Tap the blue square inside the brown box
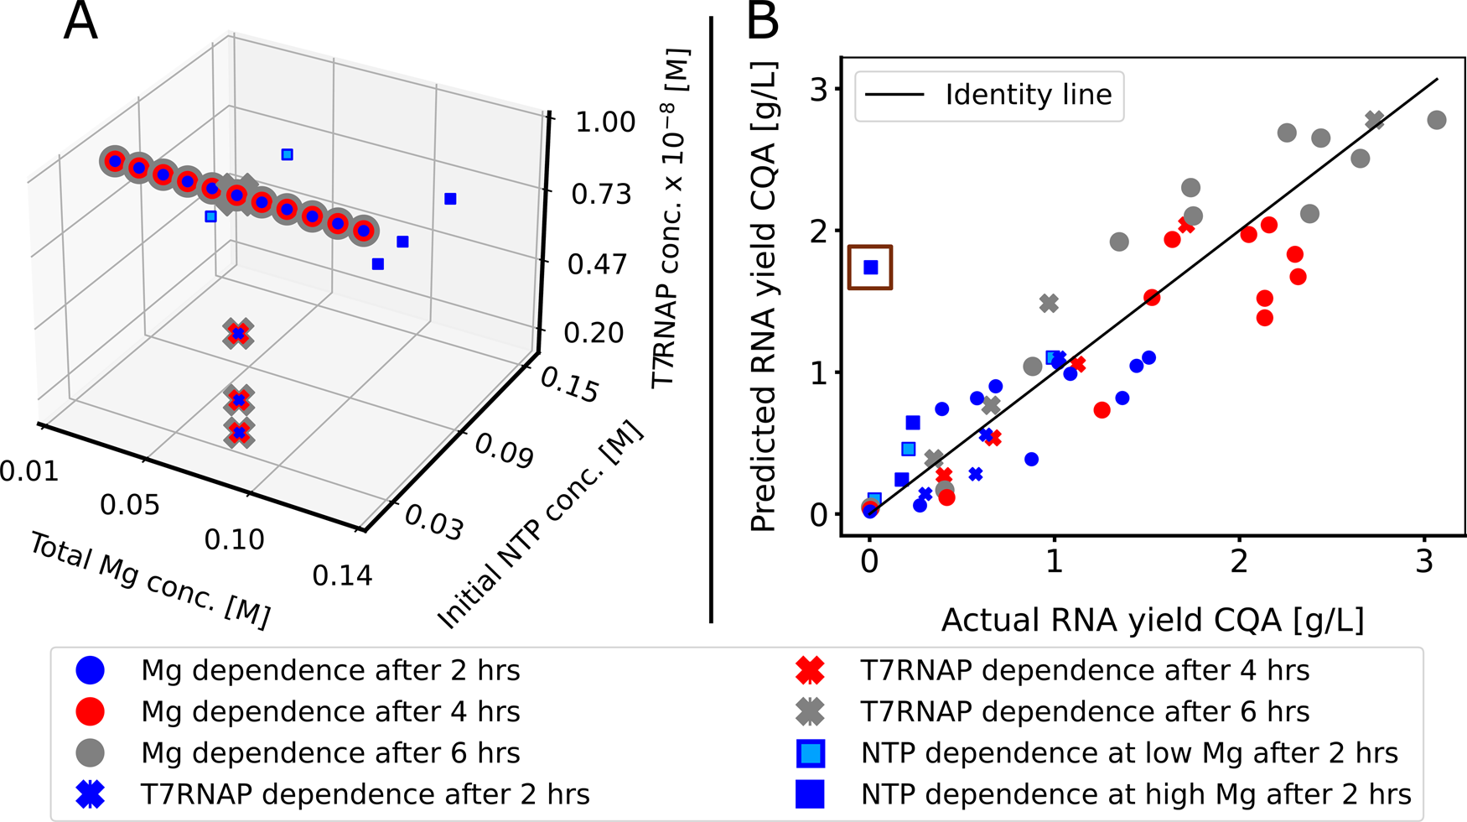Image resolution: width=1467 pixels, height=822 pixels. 870,268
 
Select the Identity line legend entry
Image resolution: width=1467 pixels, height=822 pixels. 989,95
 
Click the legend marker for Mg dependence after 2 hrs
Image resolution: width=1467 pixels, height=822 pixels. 90,671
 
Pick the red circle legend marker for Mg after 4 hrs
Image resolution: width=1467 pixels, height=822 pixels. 90,712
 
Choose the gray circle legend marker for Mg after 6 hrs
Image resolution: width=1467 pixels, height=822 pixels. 90,753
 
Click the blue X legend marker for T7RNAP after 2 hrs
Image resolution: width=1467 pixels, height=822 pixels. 90,794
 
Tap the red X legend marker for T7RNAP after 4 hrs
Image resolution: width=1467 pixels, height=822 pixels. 810,671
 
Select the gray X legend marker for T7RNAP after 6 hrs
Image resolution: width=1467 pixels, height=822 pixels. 810,712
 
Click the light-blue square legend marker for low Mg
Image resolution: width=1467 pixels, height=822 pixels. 810,753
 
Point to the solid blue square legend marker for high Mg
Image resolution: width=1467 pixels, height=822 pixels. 810,794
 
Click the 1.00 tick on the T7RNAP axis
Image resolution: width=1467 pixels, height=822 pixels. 605,122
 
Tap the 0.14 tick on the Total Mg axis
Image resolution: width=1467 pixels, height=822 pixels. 342,575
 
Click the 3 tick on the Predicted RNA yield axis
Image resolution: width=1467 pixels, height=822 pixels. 819,90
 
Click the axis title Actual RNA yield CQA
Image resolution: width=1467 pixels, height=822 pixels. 1153,621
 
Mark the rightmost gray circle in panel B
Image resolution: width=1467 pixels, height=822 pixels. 1436,121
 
